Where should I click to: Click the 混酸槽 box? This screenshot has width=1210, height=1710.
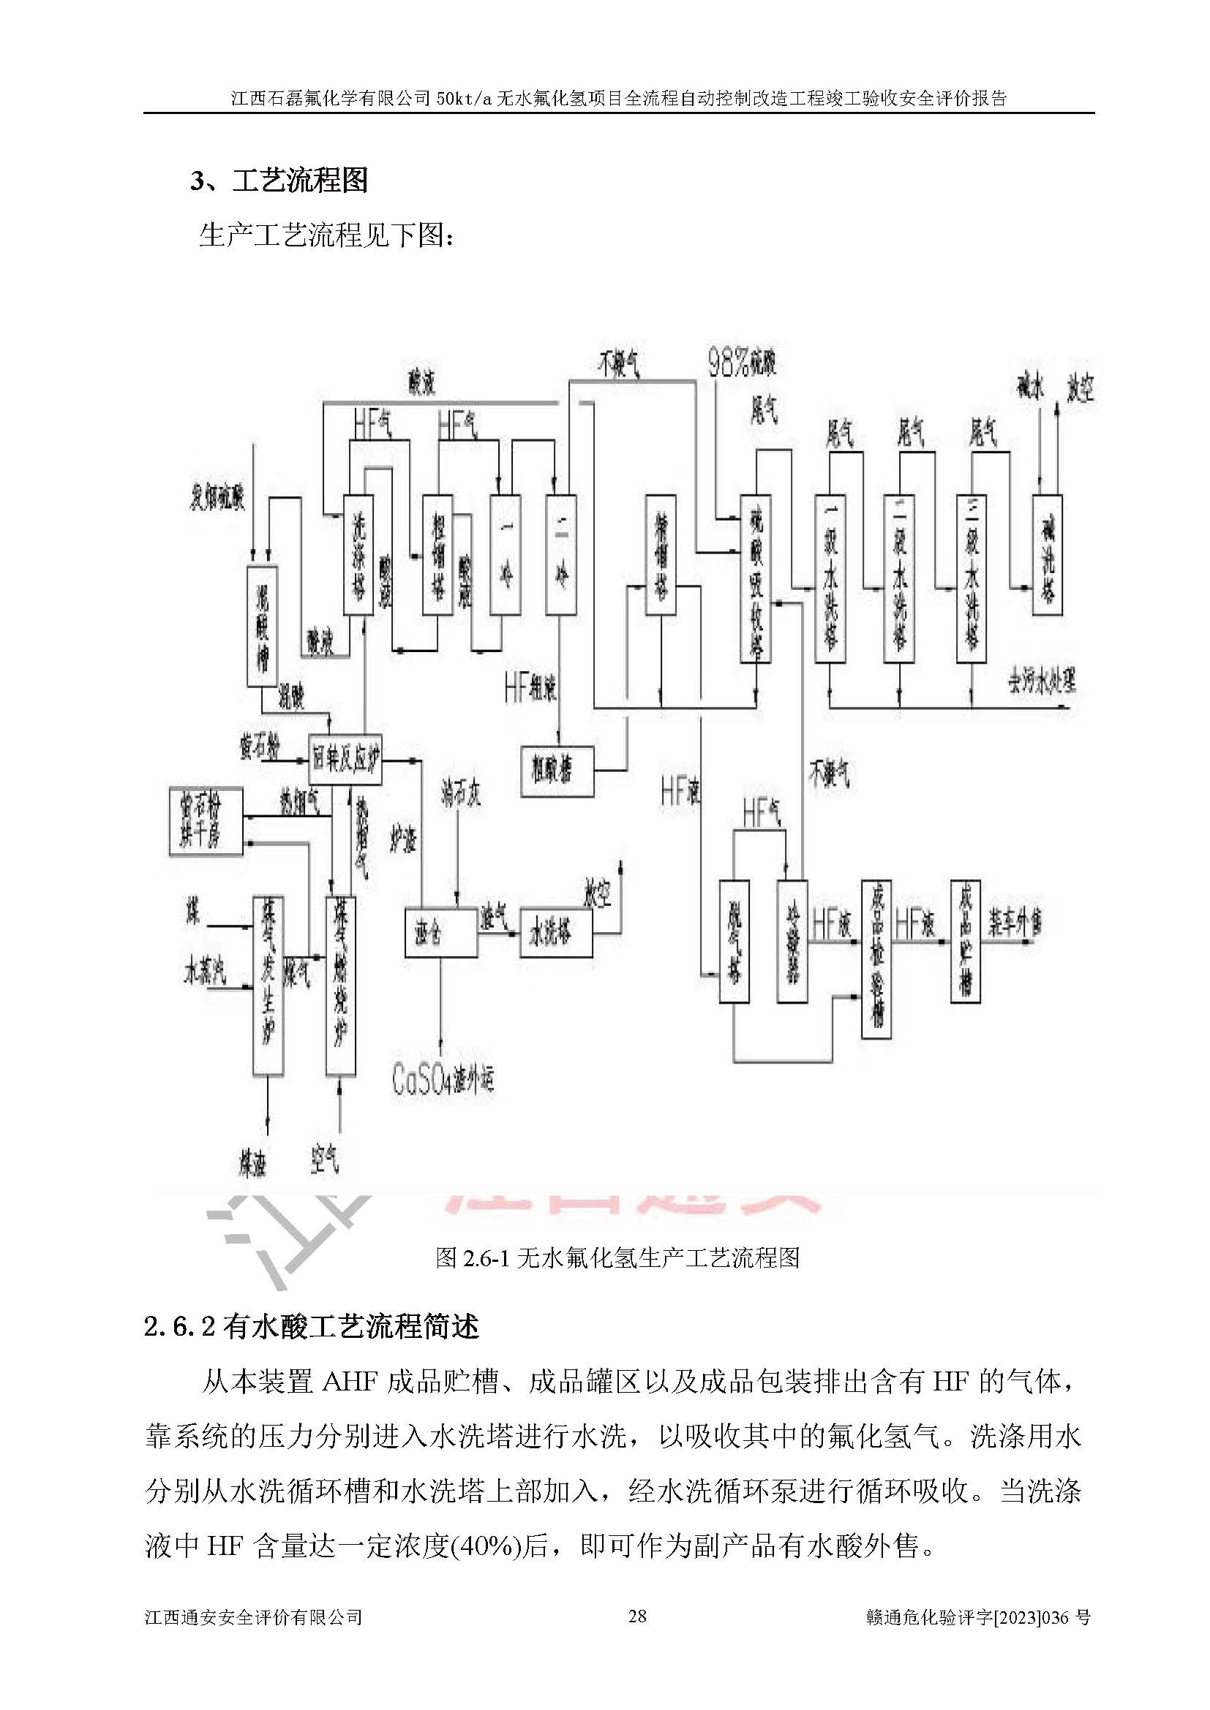263,625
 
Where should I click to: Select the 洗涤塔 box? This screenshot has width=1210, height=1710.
358,555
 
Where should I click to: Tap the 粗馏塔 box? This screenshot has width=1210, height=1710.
437,555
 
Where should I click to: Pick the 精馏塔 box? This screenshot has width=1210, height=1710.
660,555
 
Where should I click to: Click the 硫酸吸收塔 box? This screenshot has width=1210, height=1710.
756,579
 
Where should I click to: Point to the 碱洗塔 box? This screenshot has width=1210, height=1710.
1047,555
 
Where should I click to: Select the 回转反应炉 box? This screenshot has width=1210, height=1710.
345,760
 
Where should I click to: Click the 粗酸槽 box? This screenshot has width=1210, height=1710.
557,771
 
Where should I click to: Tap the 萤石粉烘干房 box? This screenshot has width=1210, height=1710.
205,821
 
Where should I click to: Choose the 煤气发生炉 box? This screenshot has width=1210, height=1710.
268,985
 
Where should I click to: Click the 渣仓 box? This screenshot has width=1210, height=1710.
440,931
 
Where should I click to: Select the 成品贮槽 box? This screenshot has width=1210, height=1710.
965,942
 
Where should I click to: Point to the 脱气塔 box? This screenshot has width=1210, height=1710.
734,942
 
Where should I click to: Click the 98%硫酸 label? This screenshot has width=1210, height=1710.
742,363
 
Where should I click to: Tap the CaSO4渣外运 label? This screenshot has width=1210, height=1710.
443,1081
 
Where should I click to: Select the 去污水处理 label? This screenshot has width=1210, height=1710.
1042,681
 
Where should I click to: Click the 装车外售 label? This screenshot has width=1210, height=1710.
1014,923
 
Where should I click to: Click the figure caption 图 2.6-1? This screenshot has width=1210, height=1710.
617,1258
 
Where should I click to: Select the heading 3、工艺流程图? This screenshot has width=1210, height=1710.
279,181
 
